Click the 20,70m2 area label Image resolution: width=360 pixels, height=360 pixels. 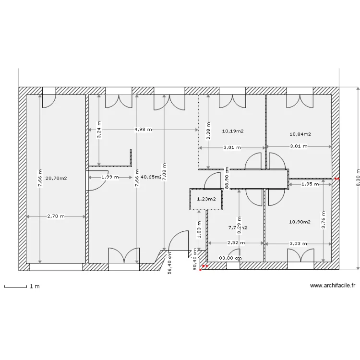coord(56,178)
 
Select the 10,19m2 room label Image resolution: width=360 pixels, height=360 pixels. coord(233,131)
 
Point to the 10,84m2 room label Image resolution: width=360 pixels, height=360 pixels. coord(300,134)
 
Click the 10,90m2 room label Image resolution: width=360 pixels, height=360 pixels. coord(300,222)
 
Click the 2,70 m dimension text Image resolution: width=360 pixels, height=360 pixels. coord(56,216)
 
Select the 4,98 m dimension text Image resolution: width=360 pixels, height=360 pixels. coord(143,130)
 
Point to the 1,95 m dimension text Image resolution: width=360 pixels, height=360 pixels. coord(310,183)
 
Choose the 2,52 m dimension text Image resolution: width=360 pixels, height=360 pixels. coord(236,243)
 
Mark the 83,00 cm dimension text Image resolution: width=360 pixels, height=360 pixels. coord(230,258)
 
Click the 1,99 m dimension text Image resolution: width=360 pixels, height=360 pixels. coord(110,177)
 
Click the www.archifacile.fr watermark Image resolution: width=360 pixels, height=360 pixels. coord(333,285)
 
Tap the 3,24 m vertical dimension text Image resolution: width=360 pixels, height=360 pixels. coord(99,130)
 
